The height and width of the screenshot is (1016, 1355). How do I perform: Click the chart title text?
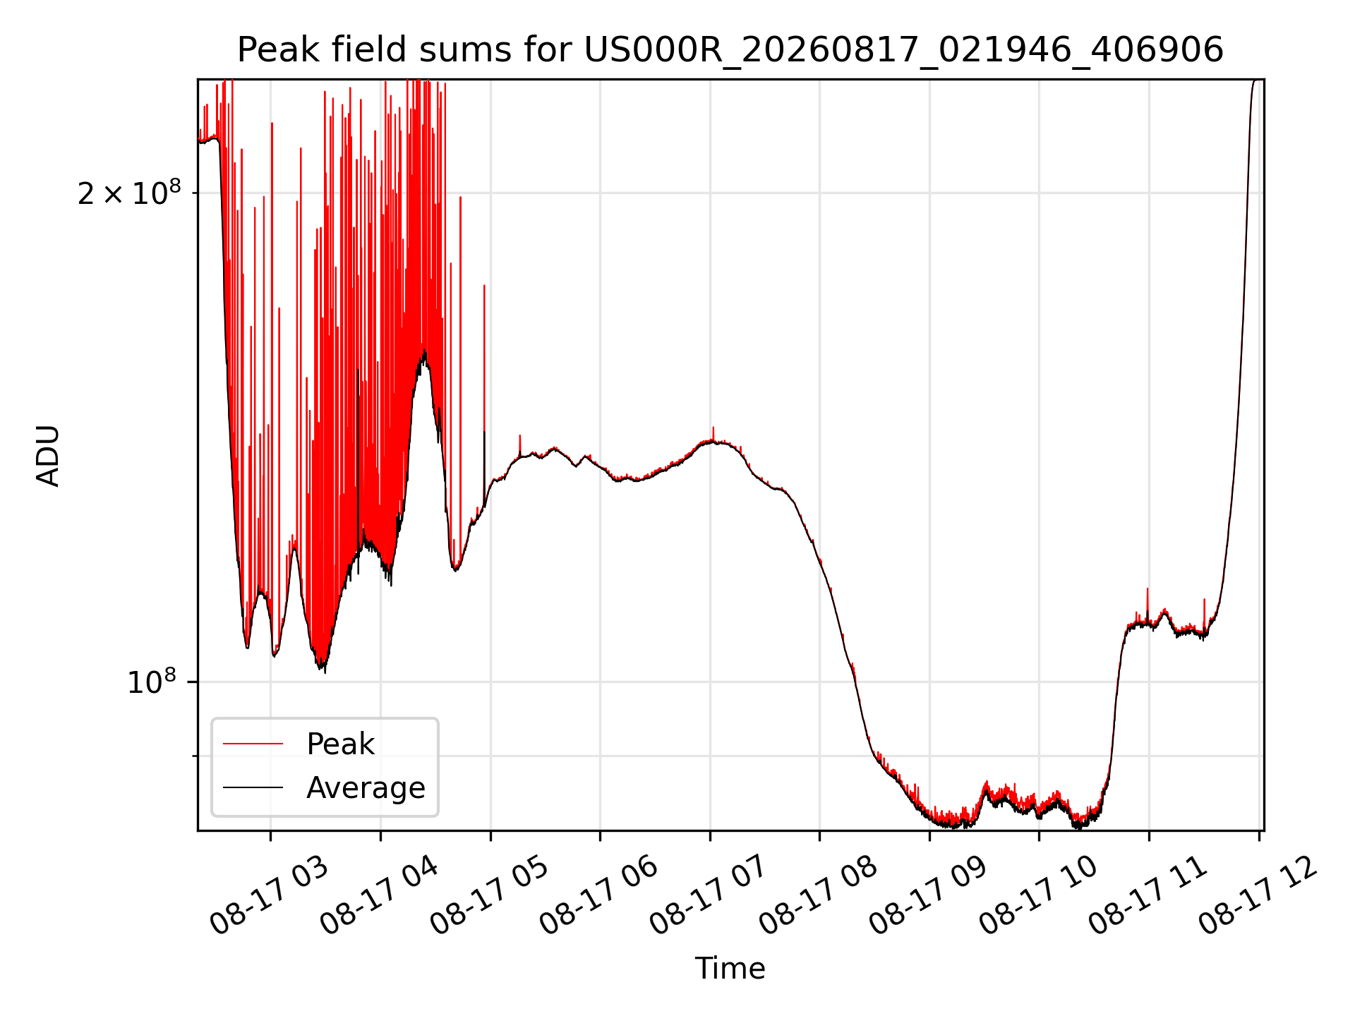point(730,50)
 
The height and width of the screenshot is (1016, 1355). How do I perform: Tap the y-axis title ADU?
point(48,455)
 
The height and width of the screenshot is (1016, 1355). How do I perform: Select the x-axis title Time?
point(730,968)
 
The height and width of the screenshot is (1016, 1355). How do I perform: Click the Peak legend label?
point(340,744)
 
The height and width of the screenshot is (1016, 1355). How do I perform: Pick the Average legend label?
point(366,787)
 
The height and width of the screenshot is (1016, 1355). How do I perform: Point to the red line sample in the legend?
point(253,744)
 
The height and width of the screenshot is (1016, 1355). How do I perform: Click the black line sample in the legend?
point(253,787)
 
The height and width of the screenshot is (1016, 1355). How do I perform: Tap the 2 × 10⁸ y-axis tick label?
point(129,192)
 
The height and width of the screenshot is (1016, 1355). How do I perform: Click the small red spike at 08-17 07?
point(713,433)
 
